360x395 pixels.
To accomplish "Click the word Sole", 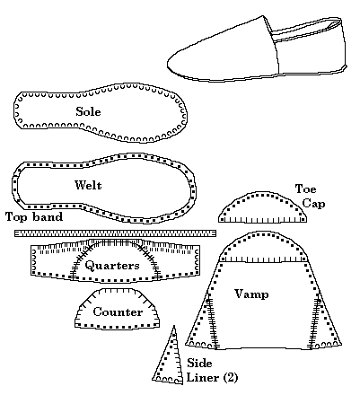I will pyautogui.click(x=88, y=112).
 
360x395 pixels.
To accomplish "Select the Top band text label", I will pyautogui.click(x=33, y=216).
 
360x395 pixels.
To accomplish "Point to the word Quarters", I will pyautogui.click(x=112, y=266).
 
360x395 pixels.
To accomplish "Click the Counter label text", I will pyautogui.click(x=118, y=312).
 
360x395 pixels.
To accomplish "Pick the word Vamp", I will pyautogui.click(x=250, y=294).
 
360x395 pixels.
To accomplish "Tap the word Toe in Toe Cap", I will pyautogui.click(x=305, y=189).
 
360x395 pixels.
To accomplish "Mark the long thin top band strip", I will pyautogui.click(x=115, y=233).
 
